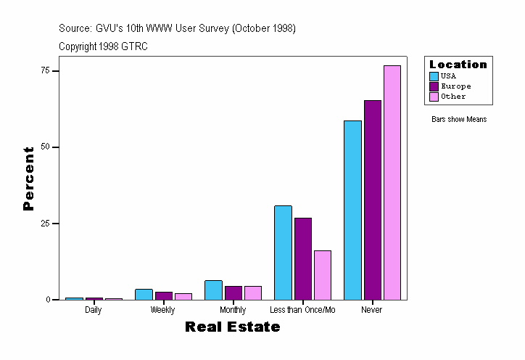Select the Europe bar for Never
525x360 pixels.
point(373,200)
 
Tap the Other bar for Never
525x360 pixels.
point(392,182)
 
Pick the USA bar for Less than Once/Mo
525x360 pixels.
point(283,253)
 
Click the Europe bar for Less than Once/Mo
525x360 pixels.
point(303,258)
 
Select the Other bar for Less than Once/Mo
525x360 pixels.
point(323,275)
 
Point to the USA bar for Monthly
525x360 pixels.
point(213,290)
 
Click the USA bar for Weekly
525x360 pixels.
point(144,294)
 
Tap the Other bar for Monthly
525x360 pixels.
point(253,292)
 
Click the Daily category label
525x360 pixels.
point(93,310)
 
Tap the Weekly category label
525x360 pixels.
point(162,310)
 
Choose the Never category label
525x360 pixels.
point(372,310)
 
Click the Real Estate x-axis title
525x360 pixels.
point(232,327)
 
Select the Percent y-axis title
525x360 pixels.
point(28,179)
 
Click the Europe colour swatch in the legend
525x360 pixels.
point(434,86)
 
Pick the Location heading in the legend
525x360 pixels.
point(458,64)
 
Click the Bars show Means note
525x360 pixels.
point(459,119)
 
